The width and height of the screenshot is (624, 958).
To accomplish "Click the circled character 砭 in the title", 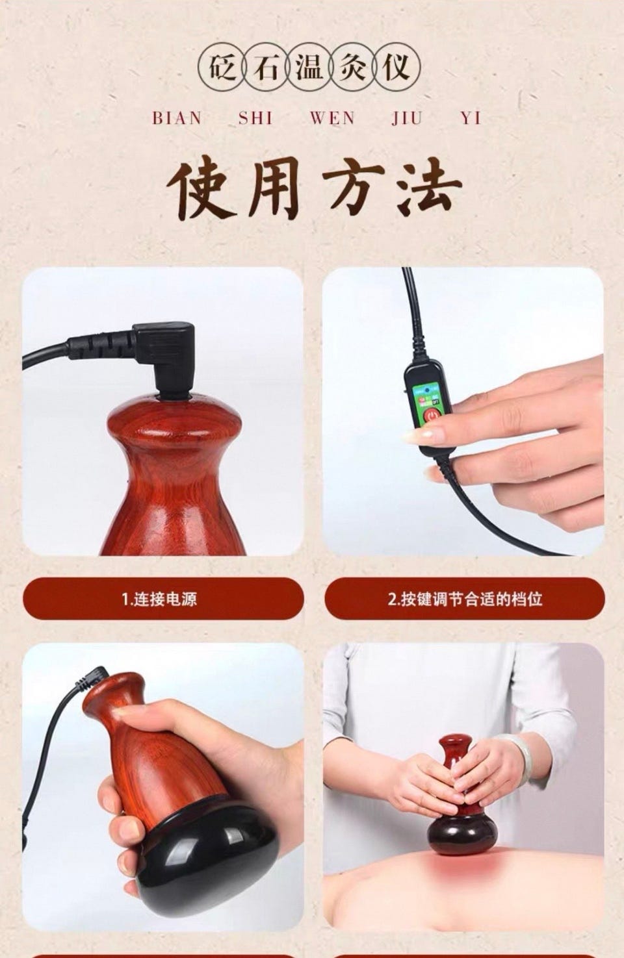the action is pyautogui.click(x=223, y=67).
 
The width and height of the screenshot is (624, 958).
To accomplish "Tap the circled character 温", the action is pyautogui.click(x=309, y=67).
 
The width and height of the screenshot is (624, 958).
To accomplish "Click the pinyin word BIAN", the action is pyautogui.click(x=177, y=118).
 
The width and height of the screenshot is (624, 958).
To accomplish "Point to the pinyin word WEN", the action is pyautogui.click(x=333, y=118).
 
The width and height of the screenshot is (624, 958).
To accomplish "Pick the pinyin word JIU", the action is pyautogui.click(x=406, y=118).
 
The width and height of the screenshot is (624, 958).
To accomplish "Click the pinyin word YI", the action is pyautogui.click(x=471, y=118).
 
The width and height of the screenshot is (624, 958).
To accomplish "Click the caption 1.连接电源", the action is pyautogui.click(x=160, y=599).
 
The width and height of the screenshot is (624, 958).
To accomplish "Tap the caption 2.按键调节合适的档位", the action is pyautogui.click(x=465, y=599).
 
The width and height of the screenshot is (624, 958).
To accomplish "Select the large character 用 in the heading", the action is pyautogui.click(x=274, y=188).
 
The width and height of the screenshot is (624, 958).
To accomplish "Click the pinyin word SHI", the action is pyautogui.click(x=255, y=118).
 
